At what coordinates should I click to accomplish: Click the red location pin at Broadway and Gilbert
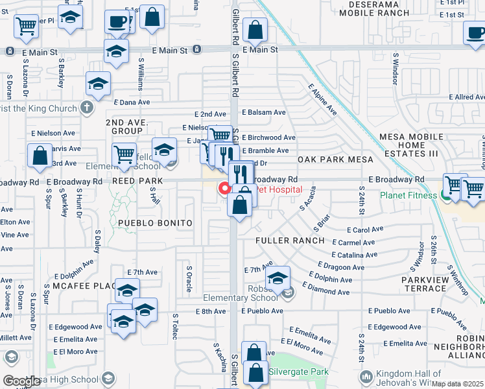point(225,188)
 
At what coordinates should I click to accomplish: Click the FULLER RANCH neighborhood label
point(289,241)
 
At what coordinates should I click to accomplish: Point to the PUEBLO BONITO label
point(155,223)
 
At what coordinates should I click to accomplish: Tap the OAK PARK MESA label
point(335,159)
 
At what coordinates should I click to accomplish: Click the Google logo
point(21,381)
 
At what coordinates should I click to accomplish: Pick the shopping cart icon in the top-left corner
point(26,26)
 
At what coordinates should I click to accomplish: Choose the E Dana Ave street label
point(132,102)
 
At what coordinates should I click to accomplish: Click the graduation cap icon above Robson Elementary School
point(278,278)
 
